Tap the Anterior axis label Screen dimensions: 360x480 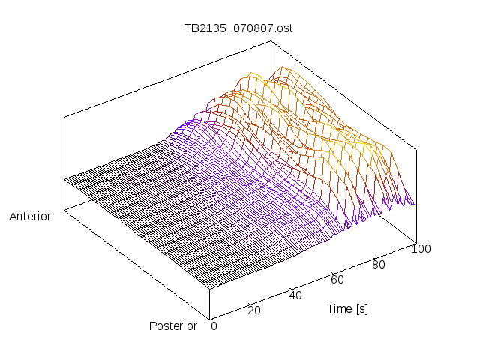(x=30, y=217)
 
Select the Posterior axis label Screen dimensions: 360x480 (x=173, y=325)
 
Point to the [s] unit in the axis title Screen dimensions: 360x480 (x=361, y=308)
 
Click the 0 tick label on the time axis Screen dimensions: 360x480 (x=214, y=325)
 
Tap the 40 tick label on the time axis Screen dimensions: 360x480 (x=295, y=295)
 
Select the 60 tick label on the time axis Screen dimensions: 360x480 (x=337, y=279)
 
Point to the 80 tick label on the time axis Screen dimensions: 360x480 (x=379, y=264)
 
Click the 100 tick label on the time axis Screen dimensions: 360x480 (x=421, y=249)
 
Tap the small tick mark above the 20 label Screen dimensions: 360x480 (x=249, y=304)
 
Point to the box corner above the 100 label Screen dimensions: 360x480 (x=415, y=242)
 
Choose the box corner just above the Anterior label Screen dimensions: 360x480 (x=64, y=209)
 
